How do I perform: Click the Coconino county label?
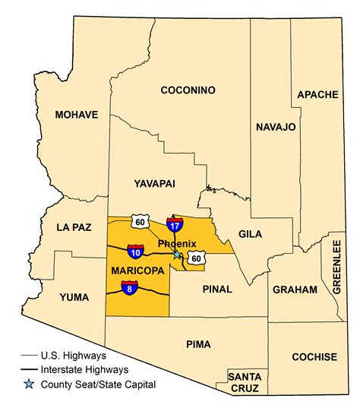click(188, 90)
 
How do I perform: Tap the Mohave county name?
click(77, 115)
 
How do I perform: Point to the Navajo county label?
click(275, 127)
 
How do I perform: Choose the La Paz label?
click(73, 227)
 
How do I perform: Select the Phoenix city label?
click(177, 243)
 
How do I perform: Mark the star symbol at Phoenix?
click(177, 255)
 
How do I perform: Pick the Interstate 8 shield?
click(129, 287)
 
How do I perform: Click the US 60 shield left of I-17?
click(138, 221)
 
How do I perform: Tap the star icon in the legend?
click(29, 384)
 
